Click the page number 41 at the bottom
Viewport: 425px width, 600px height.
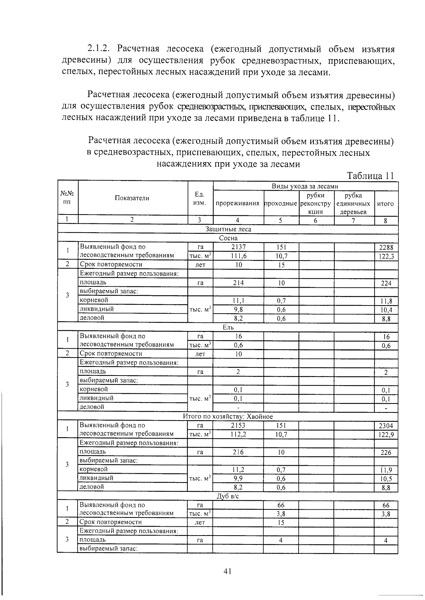[x=227, y=571]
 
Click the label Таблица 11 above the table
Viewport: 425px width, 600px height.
[x=370, y=176]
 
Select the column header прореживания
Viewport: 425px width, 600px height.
[x=238, y=204]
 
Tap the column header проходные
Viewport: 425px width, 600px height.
[x=281, y=204]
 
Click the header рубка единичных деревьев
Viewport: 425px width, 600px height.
[x=353, y=204]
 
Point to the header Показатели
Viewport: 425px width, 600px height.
[x=132, y=198]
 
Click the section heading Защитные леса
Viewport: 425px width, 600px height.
[x=228, y=229]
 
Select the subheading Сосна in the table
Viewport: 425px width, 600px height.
[x=228, y=238]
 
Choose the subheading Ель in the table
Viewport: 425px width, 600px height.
[x=228, y=327]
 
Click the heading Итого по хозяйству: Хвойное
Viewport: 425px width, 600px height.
[x=228, y=417]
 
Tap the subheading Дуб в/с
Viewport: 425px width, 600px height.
[x=228, y=496]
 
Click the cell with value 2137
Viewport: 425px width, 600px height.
[x=238, y=247]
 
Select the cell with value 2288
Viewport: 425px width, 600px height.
[x=386, y=247]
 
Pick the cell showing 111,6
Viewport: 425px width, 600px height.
[x=238, y=256]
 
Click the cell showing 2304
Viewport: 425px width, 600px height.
[x=386, y=426]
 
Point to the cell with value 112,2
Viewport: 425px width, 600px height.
[x=238, y=434]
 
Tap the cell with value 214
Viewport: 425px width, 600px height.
[x=238, y=283]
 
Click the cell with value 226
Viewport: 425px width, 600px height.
[x=386, y=452]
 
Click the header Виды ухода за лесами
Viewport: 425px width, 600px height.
[x=305, y=187]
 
